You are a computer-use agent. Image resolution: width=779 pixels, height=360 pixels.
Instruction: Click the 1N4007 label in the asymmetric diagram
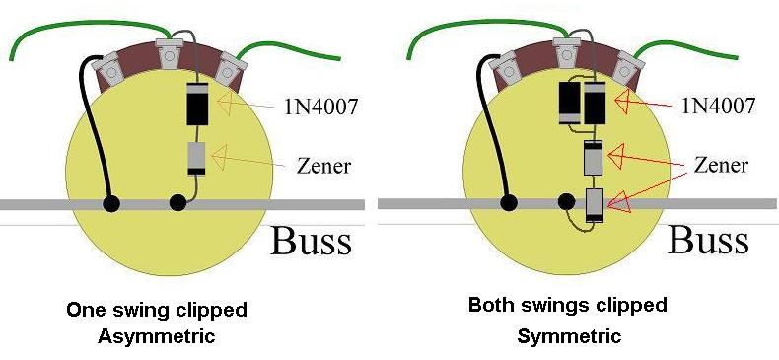coord(320,107)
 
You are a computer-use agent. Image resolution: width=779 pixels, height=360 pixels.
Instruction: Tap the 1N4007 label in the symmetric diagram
coord(719,105)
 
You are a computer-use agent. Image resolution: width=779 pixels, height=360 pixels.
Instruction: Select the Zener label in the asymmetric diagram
coord(323,166)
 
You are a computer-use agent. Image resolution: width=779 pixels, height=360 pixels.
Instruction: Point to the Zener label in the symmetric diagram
coord(721,165)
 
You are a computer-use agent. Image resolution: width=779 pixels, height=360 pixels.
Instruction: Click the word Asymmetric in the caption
coord(157,336)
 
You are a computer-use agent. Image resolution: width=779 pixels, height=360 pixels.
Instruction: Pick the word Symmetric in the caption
coord(569,336)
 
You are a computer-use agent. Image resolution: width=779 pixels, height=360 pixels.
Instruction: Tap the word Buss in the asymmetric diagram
coord(312,241)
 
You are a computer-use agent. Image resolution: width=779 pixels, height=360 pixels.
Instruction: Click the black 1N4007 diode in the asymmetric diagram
coord(197,104)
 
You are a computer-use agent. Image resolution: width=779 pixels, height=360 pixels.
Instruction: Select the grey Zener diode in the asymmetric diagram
coord(197,159)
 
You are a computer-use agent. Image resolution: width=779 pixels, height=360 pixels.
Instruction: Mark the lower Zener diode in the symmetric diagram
coord(595,205)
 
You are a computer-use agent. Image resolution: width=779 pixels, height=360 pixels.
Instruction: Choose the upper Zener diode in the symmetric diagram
coord(595,157)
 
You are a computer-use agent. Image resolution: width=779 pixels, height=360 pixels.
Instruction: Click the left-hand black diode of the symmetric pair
coord(569,103)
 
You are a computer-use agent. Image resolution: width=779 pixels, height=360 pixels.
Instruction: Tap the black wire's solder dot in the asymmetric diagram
coord(110,203)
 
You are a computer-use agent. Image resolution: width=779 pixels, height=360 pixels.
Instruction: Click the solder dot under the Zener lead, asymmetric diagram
coord(177,203)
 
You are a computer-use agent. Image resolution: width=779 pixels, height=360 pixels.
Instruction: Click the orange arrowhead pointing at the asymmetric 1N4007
coord(226,104)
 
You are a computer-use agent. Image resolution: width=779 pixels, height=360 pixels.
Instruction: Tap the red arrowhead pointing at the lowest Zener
coord(618,204)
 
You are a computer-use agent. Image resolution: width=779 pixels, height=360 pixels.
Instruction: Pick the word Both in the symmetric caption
coord(489,304)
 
